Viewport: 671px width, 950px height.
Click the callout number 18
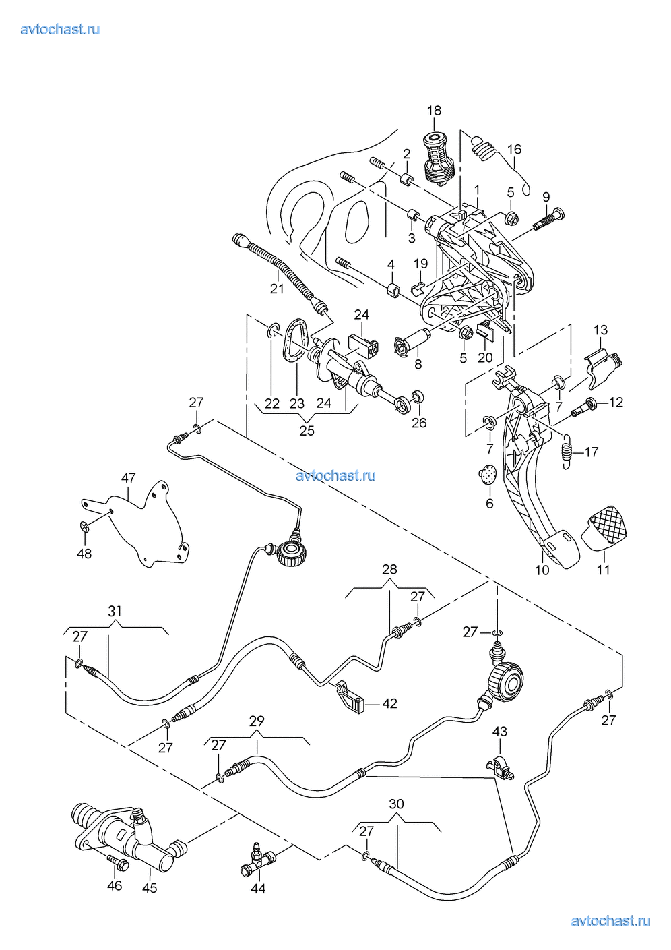point(434,111)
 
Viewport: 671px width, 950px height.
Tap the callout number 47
point(128,478)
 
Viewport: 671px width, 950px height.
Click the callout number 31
point(115,611)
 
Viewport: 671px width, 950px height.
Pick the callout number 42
point(389,704)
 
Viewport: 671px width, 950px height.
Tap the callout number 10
point(542,570)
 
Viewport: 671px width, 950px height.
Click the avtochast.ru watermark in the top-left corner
point(60,29)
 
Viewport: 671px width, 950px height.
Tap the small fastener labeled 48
point(85,527)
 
